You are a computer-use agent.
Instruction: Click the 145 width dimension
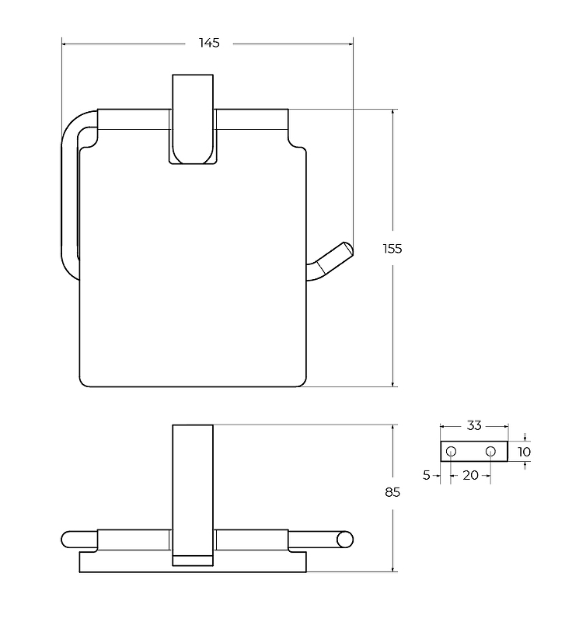pyautogui.click(x=209, y=43)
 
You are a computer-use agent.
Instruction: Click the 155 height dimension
pyautogui.click(x=392, y=249)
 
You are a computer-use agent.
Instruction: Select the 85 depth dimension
pyautogui.click(x=392, y=492)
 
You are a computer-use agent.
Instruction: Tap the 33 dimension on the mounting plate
pyautogui.click(x=474, y=425)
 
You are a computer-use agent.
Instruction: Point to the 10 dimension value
pyautogui.click(x=524, y=452)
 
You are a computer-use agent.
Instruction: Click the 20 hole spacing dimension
pyautogui.click(x=471, y=475)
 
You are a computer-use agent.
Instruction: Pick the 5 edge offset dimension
pyautogui.click(x=427, y=475)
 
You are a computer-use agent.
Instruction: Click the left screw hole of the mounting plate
pyautogui.click(x=452, y=452)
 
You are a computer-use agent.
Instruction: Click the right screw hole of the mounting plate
pyautogui.click(x=490, y=452)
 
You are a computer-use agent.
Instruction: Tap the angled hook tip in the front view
pyautogui.click(x=347, y=249)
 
